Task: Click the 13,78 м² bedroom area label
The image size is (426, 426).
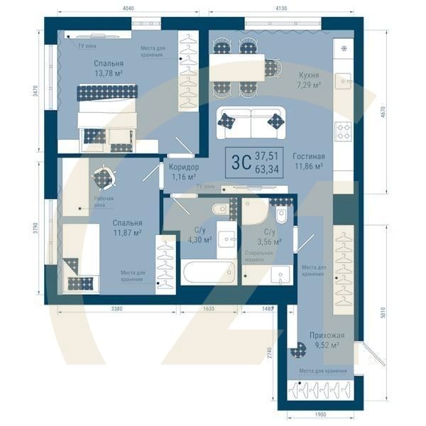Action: coord(109,73)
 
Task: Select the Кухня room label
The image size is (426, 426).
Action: coord(307,74)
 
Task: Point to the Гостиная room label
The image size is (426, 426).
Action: coord(308,156)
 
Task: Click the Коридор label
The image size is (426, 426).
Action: coord(184,167)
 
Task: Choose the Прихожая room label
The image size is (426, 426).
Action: coord(327,335)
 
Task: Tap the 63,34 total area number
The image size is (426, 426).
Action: coord(267,168)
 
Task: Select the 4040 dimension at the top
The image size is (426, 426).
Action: coord(129,8)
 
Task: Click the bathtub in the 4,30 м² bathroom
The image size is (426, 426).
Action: coord(207,272)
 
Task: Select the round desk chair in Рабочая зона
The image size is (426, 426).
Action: coord(104,177)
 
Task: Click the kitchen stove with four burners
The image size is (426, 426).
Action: coord(344,130)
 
